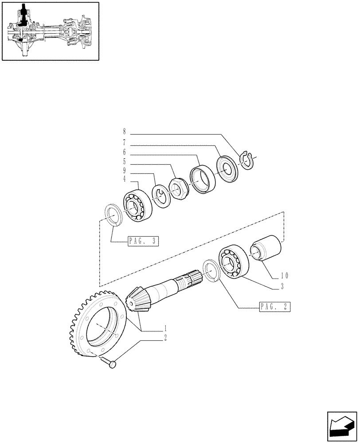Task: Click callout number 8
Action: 125,132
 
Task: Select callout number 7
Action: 125,142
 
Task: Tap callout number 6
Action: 125,152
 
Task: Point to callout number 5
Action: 125,162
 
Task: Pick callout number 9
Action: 125,171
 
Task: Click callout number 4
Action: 125,179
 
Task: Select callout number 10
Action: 285,276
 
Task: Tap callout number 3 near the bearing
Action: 282,287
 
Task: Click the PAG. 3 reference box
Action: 143,241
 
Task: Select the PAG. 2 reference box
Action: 275,306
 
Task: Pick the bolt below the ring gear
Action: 112,363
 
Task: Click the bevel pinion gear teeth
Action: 138,299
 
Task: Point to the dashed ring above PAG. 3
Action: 113,215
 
